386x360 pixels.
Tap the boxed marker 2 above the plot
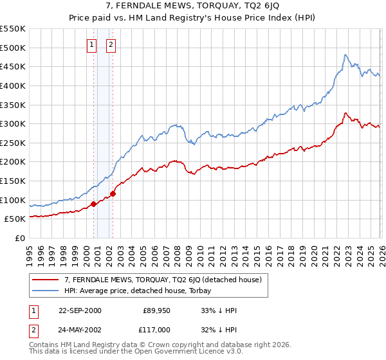[x=111, y=45]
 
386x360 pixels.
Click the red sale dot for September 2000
[x=93, y=204]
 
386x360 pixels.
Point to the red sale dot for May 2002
[x=113, y=194]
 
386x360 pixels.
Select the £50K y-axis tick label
[x=15, y=219]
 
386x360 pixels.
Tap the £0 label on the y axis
[x=19, y=238]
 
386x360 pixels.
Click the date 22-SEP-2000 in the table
[x=80, y=310]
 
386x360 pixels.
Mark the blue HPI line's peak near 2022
[x=345, y=55]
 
